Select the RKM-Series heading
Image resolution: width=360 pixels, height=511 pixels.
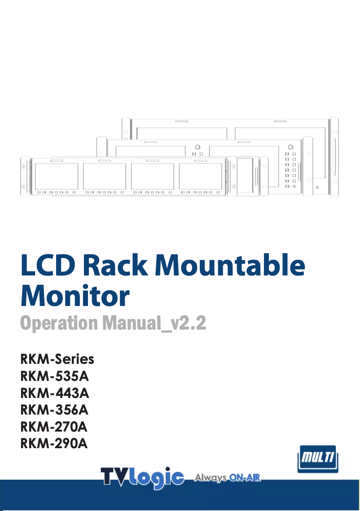coord(57,359)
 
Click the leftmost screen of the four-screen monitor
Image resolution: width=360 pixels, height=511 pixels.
coord(56,176)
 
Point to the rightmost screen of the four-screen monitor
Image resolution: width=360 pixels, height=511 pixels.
coord(200,176)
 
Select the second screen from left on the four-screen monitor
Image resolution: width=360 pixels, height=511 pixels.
coord(105,176)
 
